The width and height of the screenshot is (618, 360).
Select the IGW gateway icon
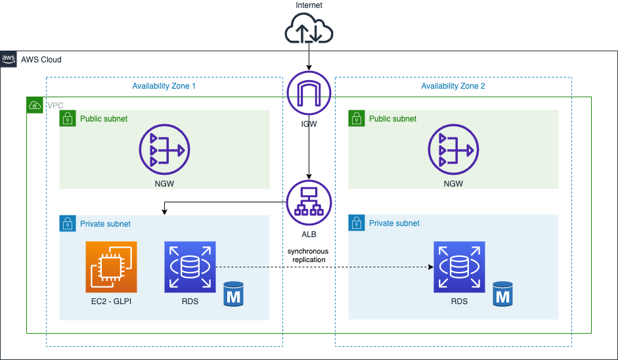[x=309, y=93]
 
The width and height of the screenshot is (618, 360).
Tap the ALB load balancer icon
[x=309, y=201]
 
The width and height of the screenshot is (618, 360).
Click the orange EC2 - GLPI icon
[x=111, y=267]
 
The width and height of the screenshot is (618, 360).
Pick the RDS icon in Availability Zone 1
[x=190, y=267]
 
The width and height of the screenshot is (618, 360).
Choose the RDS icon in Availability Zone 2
[x=459, y=267]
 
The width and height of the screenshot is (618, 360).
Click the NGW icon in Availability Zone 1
[x=164, y=151]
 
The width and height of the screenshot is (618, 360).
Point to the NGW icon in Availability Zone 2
[x=452, y=151]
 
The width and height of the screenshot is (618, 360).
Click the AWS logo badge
[x=9, y=59]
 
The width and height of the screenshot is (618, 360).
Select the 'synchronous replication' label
[x=309, y=256]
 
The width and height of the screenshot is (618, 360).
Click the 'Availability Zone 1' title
[x=164, y=86]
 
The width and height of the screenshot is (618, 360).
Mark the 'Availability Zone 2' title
[x=453, y=86]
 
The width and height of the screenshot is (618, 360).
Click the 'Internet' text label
[x=309, y=5]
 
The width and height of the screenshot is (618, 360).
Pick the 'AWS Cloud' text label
[x=41, y=60]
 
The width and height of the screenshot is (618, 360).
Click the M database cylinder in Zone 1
[x=234, y=294]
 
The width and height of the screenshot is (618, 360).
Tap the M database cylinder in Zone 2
[x=503, y=294]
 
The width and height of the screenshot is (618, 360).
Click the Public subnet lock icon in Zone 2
[x=356, y=118]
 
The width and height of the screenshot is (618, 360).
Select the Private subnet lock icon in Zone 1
[x=67, y=223]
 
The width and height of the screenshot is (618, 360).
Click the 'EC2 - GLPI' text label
[x=111, y=302]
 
